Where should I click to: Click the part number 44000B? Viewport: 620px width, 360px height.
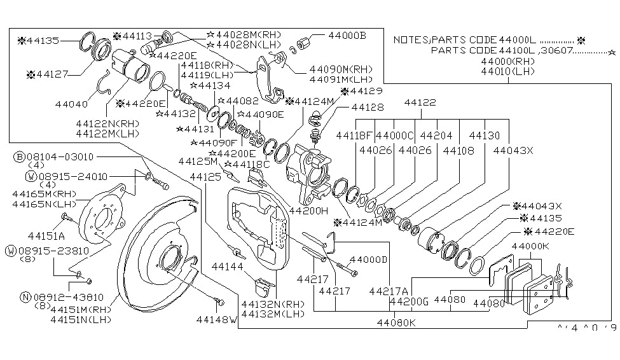[347, 36]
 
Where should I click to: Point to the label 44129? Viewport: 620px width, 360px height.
[362, 92]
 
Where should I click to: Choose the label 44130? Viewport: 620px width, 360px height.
[485, 135]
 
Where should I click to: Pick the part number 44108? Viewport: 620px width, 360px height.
[458, 151]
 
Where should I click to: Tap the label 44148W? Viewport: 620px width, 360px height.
[216, 319]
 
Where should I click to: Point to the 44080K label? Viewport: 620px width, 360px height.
[396, 322]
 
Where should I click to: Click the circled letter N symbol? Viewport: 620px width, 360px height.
[25, 296]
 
